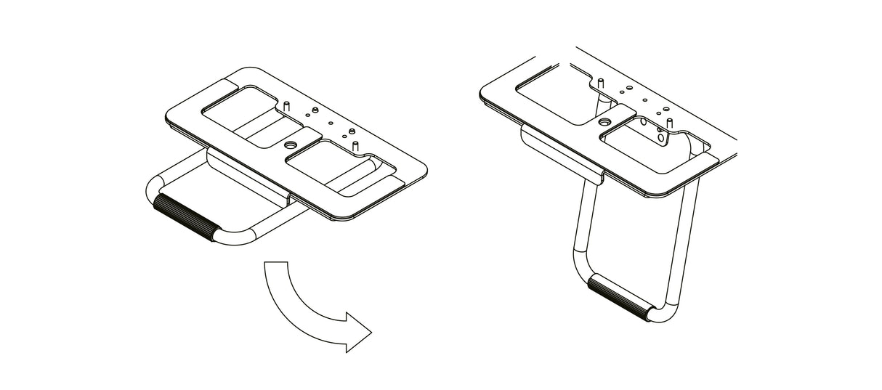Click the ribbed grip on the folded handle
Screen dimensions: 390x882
pos(185,217)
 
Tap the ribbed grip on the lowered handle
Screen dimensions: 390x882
pos(618,297)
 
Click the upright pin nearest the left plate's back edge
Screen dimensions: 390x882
pos(287,106)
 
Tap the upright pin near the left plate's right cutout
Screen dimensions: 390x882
pos(356,146)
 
